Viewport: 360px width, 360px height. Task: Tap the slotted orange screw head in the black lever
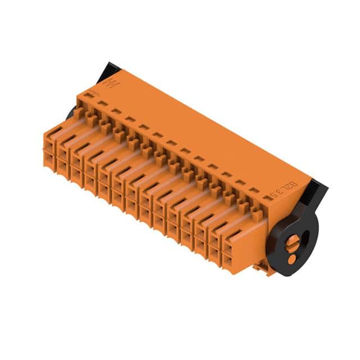tap(294, 242)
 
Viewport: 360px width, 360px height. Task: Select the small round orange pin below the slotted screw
tap(291, 259)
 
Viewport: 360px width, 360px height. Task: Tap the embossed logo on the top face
tap(113, 85)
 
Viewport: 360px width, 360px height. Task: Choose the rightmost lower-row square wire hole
tap(231, 261)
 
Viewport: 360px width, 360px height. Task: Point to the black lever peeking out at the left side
tap(71, 112)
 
